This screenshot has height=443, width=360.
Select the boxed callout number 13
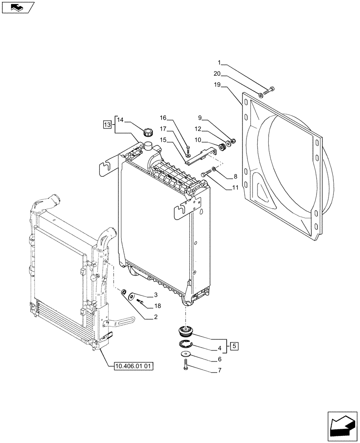107,124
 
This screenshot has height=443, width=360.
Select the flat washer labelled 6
184,354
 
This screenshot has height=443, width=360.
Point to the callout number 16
164,118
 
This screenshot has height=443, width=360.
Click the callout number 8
235,176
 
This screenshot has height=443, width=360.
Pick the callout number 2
156,317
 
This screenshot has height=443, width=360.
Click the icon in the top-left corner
17,7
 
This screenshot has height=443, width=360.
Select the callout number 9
200,118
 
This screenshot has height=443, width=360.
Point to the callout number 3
156,295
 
